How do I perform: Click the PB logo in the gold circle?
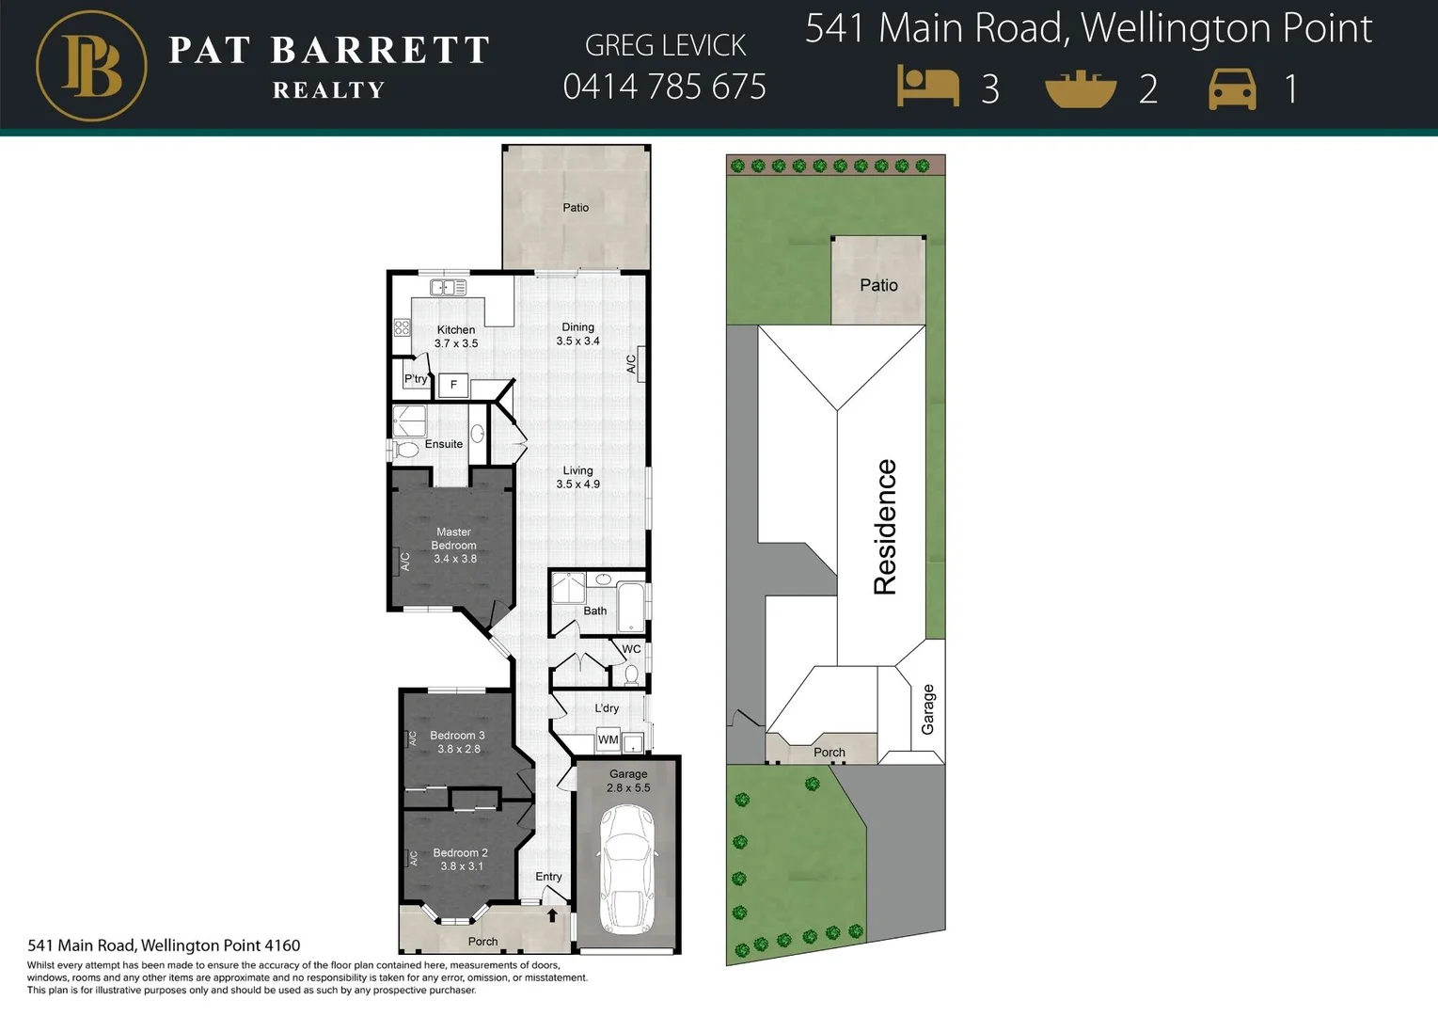[x=91, y=66]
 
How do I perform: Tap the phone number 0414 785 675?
[x=664, y=87]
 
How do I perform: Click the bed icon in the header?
[x=927, y=87]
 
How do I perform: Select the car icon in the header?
[x=1232, y=89]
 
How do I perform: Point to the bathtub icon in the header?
[x=1081, y=89]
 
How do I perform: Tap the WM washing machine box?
[x=608, y=739]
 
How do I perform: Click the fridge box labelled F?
[x=453, y=385]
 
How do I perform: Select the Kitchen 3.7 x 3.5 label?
[x=456, y=337]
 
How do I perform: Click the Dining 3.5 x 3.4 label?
[x=577, y=334]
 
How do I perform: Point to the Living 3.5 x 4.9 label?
[x=577, y=477]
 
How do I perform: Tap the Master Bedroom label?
[x=454, y=545]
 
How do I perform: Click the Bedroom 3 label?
[x=458, y=742]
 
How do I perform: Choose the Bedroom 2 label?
[x=461, y=859]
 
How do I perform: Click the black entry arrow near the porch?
[x=552, y=914]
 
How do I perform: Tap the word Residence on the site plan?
[x=885, y=527]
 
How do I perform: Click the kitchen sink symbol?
[x=448, y=288]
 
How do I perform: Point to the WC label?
[x=631, y=649]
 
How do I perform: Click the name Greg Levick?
[x=665, y=45]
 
